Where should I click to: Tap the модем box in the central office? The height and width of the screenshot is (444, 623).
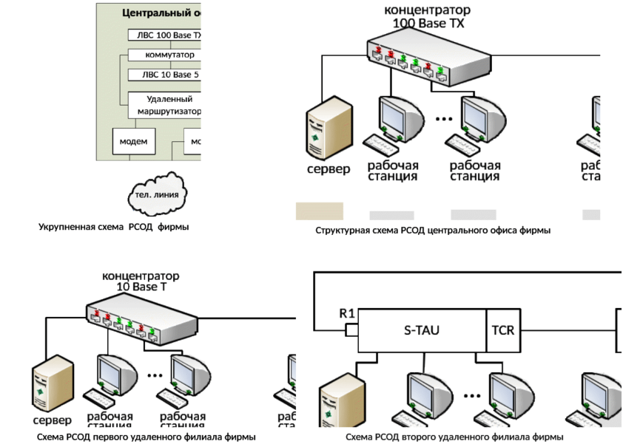(134, 141)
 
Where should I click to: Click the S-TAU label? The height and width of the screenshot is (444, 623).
(421, 329)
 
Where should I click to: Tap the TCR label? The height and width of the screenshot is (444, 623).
(505, 329)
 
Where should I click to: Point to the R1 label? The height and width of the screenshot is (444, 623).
(346, 313)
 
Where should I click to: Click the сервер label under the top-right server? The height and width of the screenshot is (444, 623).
(329, 169)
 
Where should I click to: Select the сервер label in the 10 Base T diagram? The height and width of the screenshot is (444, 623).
(52, 420)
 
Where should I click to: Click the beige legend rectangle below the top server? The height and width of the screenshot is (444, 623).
(320, 211)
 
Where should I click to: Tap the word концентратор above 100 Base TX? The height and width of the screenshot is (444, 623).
(428, 11)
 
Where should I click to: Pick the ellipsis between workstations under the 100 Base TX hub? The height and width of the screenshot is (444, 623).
(443, 118)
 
